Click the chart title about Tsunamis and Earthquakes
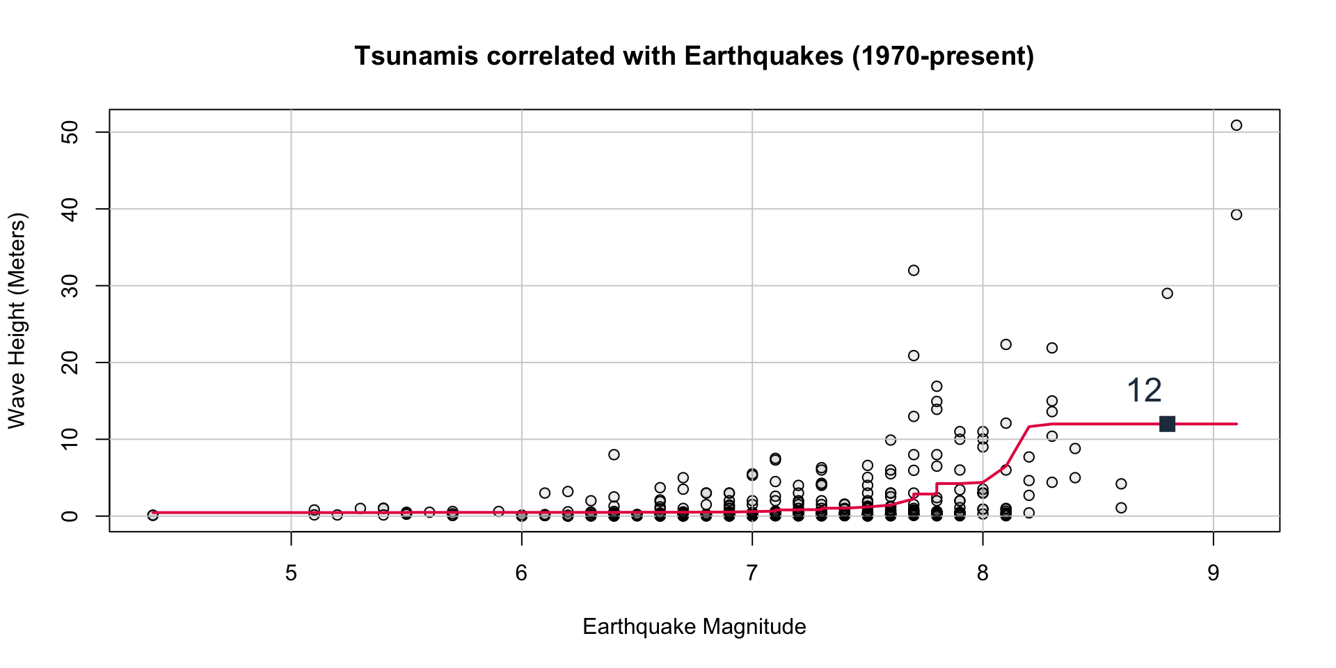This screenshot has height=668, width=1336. click(x=694, y=56)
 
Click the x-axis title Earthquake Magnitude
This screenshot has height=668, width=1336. click(x=694, y=627)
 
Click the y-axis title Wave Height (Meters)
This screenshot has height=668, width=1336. click(x=17, y=321)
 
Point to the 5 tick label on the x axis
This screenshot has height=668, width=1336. click(x=291, y=573)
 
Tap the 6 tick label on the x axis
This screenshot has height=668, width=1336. click(x=521, y=573)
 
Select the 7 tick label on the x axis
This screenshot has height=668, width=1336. click(x=751, y=573)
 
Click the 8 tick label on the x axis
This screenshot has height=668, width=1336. click(x=983, y=573)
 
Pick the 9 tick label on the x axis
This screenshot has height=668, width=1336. click(x=1213, y=573)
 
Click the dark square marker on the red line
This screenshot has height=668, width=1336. click(x=1167, y=424)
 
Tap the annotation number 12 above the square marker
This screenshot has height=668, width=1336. click(x=1144, y=391)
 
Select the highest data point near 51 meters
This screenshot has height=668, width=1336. click(x=1236, y=125)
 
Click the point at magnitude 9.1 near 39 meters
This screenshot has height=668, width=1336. click(x=1236, y=215)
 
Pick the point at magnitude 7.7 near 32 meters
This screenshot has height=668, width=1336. click(x=914, y=270)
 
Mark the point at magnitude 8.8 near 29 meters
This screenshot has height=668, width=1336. click(x=1167, y=294)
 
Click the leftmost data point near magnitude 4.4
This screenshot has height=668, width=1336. click(x=153, y=515)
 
